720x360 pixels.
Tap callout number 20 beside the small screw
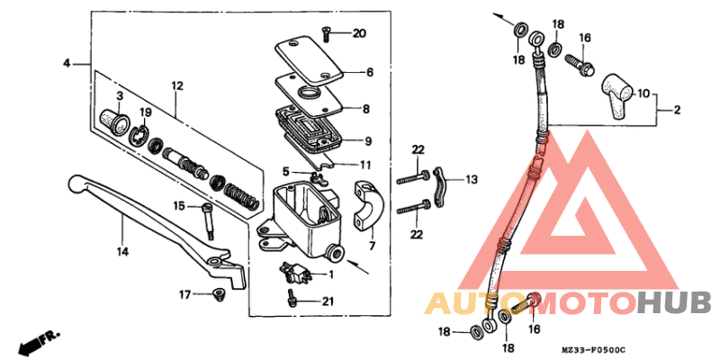359,34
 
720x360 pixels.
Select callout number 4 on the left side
67,63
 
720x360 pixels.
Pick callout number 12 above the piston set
176,85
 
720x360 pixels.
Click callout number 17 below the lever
184,294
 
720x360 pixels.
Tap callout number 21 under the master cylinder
328,301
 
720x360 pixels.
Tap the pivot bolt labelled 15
210,219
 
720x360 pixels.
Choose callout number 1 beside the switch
329,274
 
